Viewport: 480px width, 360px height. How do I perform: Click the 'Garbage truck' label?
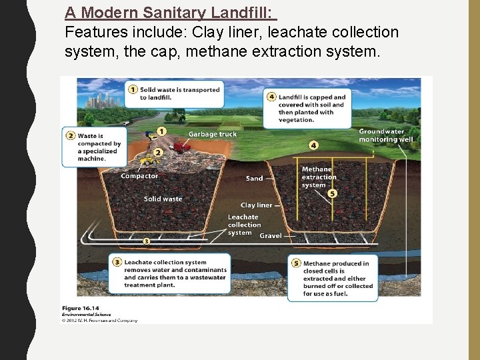[212, 134]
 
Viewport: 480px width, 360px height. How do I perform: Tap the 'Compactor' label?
[139, 176]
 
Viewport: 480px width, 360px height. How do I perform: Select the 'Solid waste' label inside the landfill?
[163, 199]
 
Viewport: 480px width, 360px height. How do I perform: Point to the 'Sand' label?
[254, 179]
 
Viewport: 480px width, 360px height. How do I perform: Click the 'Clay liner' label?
[256, 205]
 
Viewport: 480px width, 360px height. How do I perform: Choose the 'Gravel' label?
[270, 236]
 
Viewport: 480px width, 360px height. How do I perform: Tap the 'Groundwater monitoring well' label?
[385, 135]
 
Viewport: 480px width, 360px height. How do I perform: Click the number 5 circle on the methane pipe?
[333, 193]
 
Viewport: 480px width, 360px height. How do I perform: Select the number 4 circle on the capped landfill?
[313, 145]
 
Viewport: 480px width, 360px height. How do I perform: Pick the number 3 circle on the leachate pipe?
[146, 240]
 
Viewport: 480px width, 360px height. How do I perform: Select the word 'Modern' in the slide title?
[110, 12]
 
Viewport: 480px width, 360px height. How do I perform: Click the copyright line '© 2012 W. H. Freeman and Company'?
[100, 320]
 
